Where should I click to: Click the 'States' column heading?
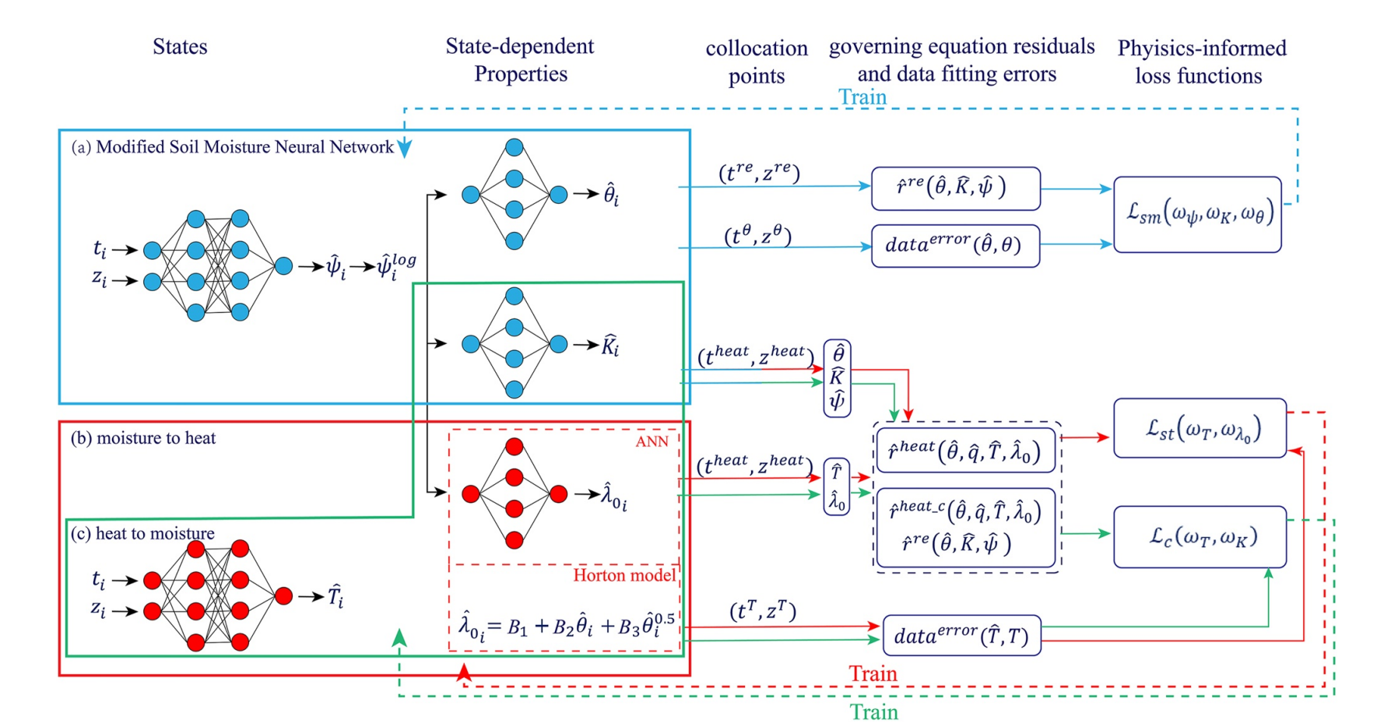click(180, 47)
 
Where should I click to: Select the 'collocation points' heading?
click(757, 62)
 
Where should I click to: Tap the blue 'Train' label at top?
click(862, 97)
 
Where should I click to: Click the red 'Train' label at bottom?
click(873, 673)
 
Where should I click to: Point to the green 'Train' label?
click(873, 711)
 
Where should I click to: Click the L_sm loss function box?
click(1197, 214)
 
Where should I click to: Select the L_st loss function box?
click(1200, 428)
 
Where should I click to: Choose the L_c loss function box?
click(1200, 537)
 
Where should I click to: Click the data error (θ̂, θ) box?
click(955, 246)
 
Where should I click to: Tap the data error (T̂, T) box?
click(961, 636)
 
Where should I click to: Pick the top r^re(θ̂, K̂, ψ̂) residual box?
click(955, 188)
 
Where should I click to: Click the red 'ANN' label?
click(652, 442)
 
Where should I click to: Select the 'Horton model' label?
click(624, 575)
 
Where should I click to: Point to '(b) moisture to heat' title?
click(143, 438)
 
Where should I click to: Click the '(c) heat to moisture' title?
click(142, 533)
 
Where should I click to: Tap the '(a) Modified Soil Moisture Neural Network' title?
click(233, 147)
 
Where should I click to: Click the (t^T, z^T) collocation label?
click(763, 611)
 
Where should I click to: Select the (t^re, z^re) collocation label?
click(759, 172)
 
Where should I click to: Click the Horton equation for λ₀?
click(566, 627)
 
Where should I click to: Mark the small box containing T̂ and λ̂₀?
click(837, 486)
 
